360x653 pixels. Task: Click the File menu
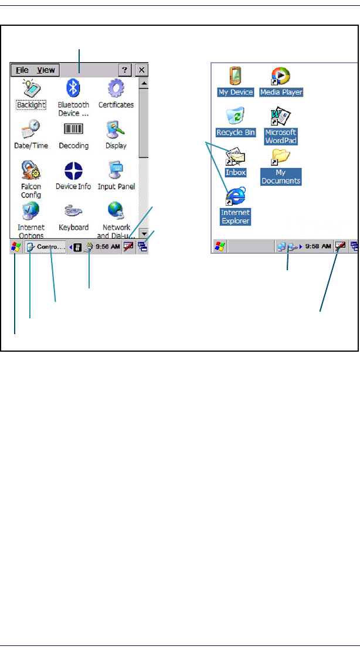[22, 70]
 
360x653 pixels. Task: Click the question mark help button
[124, 70]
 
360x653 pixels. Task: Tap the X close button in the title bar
[142, 70]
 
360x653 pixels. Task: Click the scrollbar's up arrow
[144, 84]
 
